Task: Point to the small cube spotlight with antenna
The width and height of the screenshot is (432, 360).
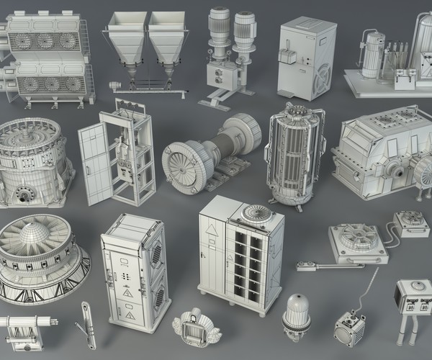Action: pyautogui.click(x=349, y=328)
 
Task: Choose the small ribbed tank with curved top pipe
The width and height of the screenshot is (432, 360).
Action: pyautogui.click(x=373, y=53)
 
